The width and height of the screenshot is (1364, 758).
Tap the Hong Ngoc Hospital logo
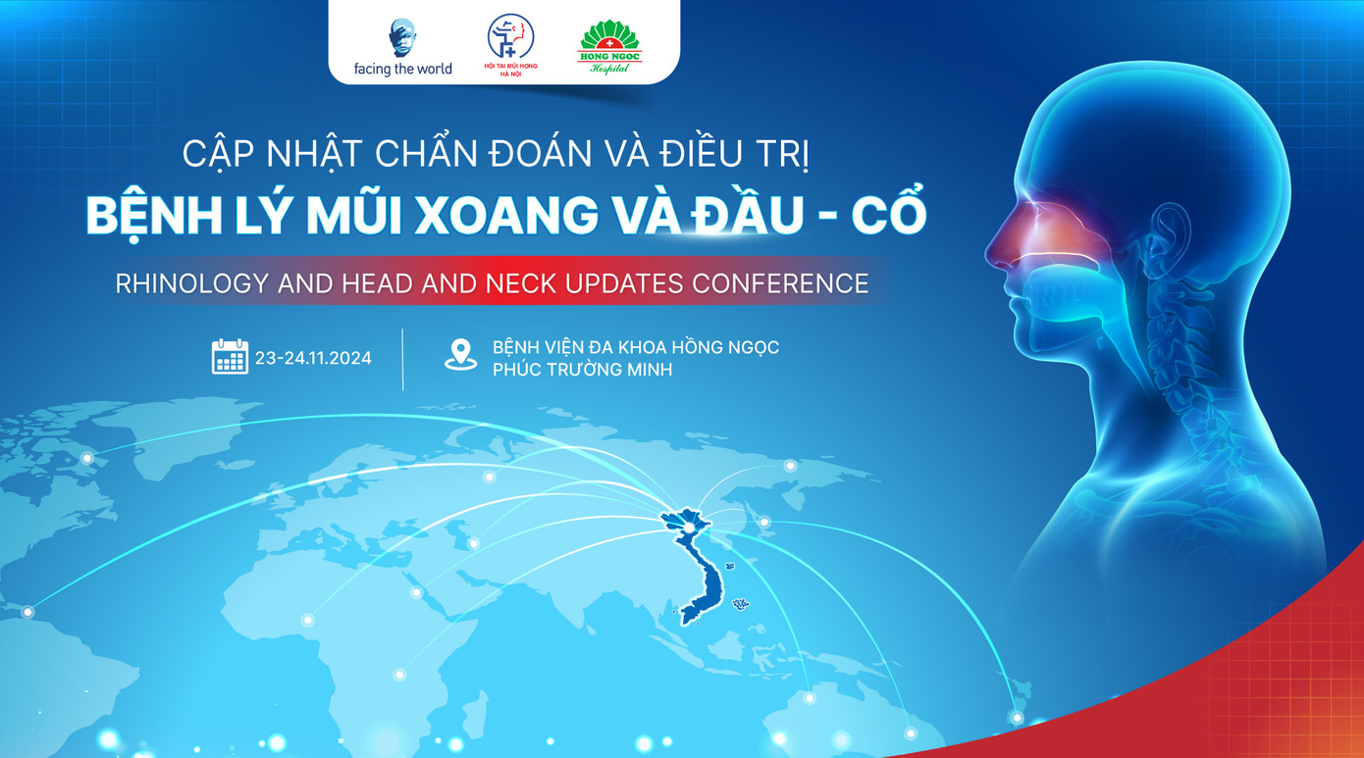[x=608, y=46]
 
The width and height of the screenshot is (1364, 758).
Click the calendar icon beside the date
[x=230, y=357]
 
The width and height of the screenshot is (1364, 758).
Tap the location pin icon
[x=460, y=355]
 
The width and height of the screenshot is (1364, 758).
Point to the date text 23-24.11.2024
[x=313, y=358]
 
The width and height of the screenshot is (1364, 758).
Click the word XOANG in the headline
[x=505, y=214]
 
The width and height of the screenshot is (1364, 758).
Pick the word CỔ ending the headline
[x=889, y=214]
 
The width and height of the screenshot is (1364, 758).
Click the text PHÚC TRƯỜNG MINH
[x=582, y=370]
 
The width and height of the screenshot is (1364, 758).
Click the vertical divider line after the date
[x=403, y=359]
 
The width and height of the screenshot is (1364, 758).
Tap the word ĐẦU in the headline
[x=746, y=214]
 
